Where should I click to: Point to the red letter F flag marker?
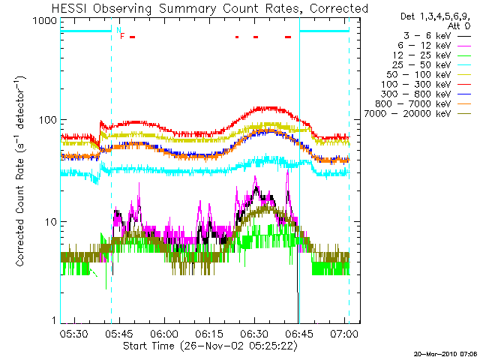122,36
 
